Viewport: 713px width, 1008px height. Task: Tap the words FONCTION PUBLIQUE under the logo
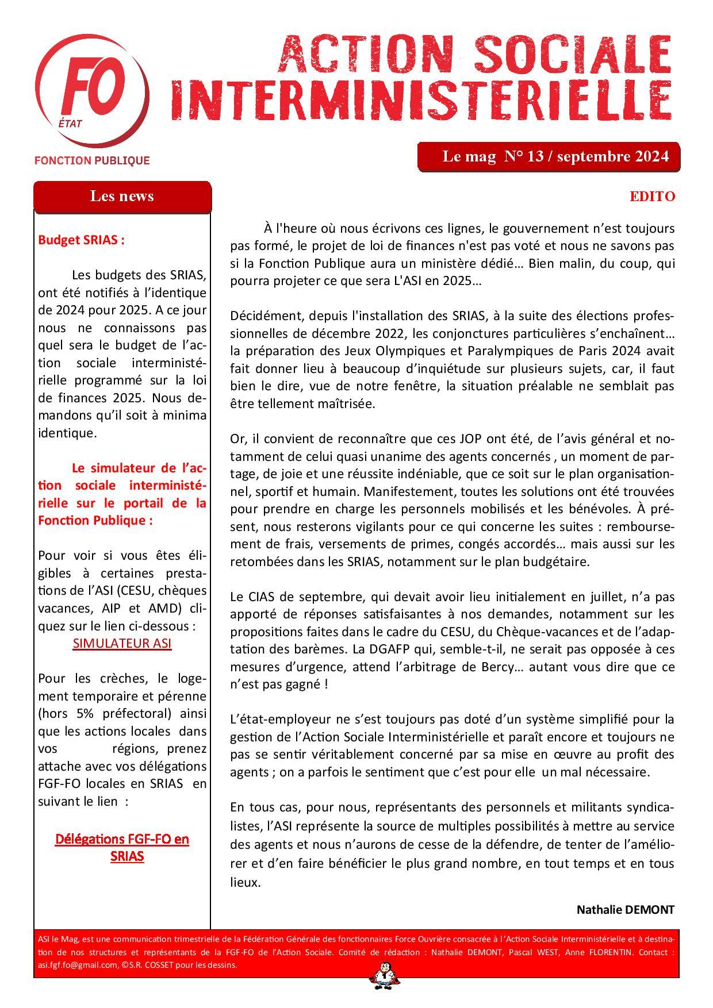pos(92,161)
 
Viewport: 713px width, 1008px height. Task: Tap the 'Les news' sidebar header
pos(122,197)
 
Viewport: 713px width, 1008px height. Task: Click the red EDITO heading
pos(652,197)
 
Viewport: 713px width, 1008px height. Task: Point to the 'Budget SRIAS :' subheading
pos(81,240)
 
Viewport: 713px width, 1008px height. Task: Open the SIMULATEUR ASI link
pos(122,643)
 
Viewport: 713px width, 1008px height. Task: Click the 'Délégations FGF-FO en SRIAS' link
pos(122,847)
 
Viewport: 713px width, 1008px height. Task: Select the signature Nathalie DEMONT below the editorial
pos(625,910)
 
